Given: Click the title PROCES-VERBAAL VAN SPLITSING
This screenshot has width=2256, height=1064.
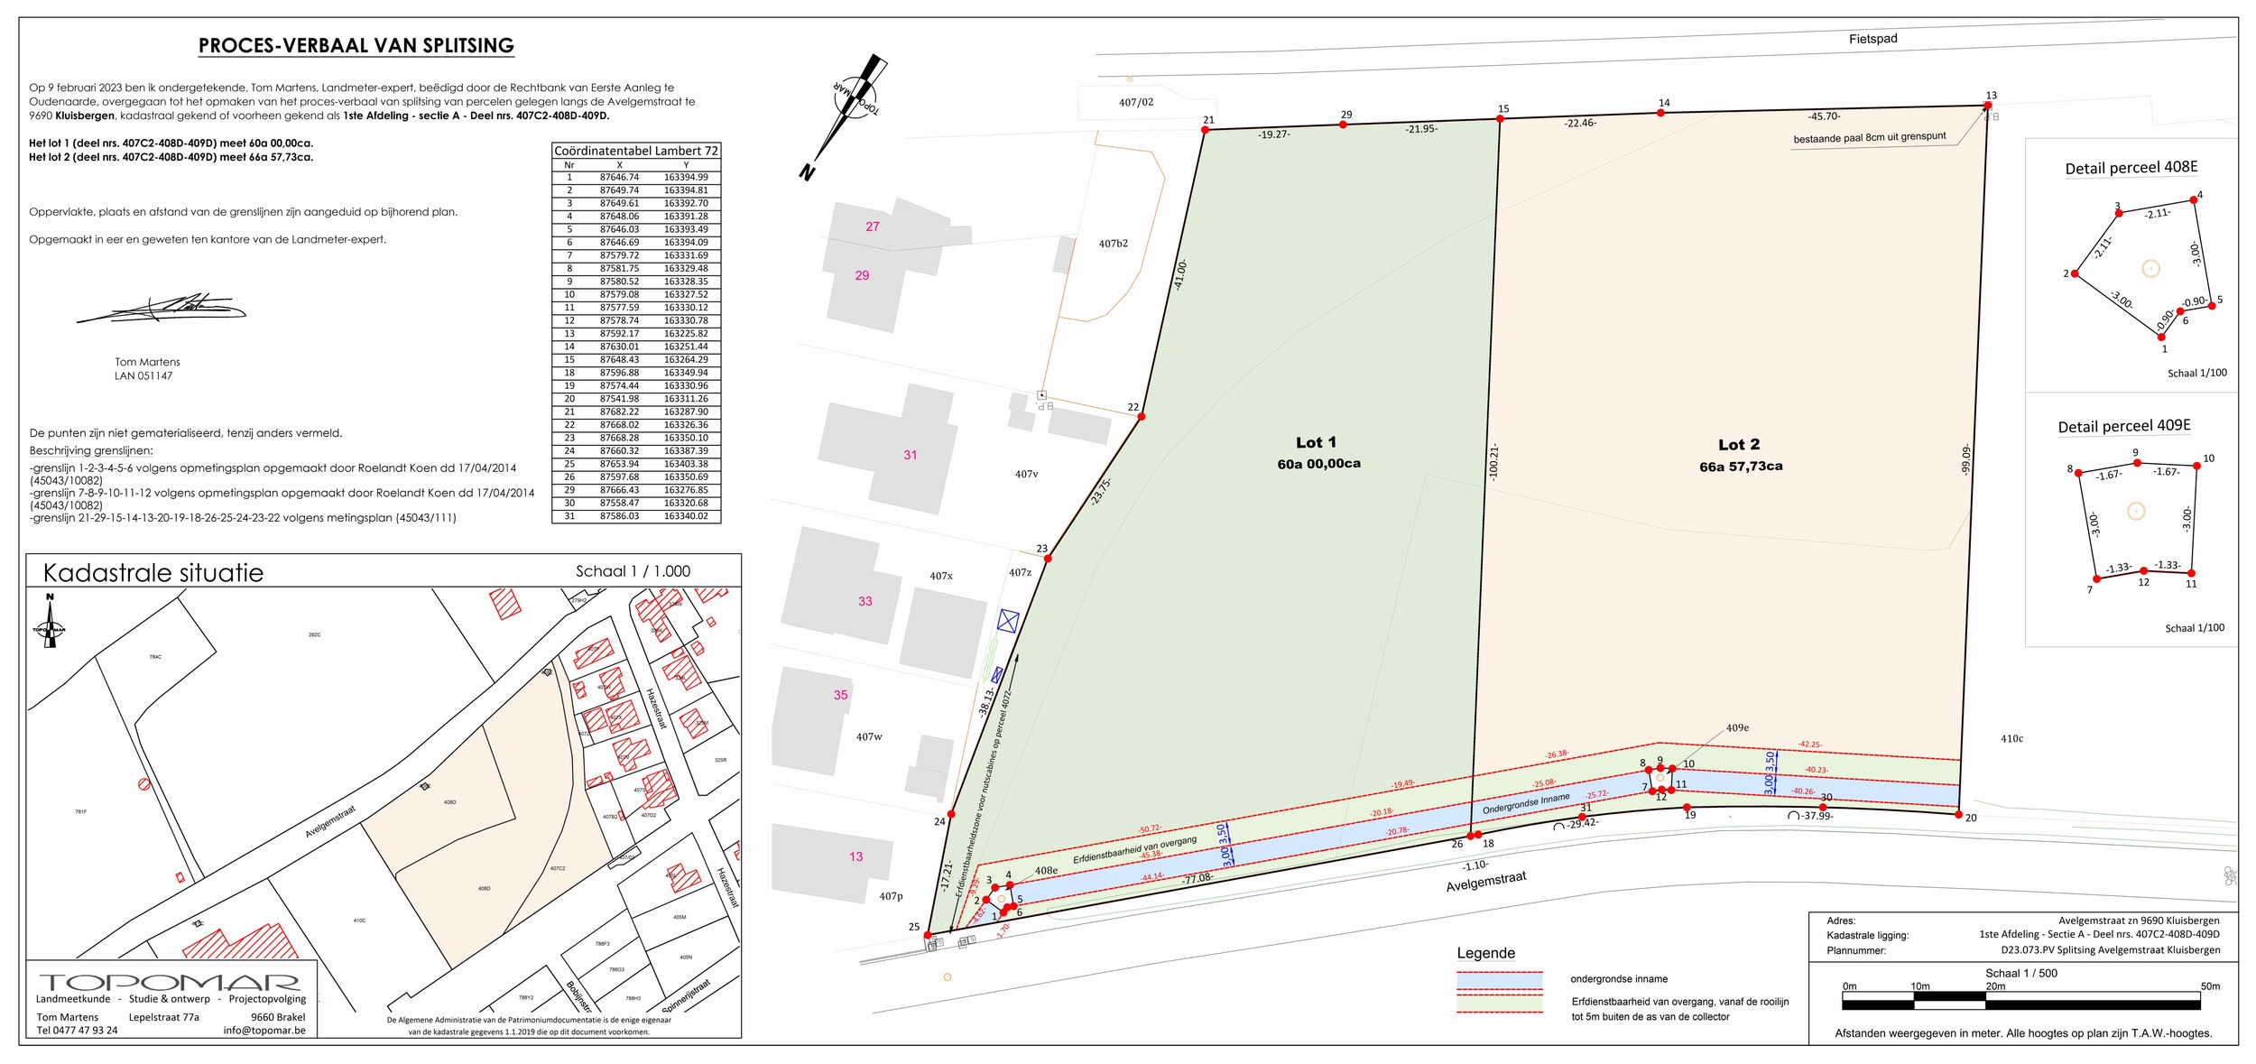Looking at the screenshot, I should (x=356, y=45).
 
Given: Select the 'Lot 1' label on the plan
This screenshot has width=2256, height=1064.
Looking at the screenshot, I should (x=1316, y=442).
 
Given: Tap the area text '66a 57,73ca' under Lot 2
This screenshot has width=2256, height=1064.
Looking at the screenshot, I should (x=1741, y=467).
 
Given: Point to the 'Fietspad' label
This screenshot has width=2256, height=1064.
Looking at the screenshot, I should (x=1872, y=39).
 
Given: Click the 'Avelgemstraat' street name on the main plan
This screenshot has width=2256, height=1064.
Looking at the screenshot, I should (x=1485, y=881).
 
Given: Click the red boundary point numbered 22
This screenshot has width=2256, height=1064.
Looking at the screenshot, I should (x=1142, y=417).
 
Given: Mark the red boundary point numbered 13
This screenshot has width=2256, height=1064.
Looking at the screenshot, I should (x=1987, y=106).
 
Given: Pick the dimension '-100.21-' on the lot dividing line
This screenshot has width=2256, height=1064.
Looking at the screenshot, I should (x=1493, y=462).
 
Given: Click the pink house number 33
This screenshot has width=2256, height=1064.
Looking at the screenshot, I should (x=864, y=601).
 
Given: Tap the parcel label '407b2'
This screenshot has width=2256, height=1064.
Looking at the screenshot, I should (x=1113, y=244).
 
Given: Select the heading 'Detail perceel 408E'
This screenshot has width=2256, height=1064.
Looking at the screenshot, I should (x=2131, y=168).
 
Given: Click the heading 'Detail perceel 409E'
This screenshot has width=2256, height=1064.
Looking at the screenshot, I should (x=2123, y=426).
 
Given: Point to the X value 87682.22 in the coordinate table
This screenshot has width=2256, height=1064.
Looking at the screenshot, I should (x=619, y=412).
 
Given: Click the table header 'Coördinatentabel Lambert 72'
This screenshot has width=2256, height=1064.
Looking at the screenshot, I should (x=636, y=151).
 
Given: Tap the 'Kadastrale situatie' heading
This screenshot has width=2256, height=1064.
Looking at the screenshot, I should (x=153, y=573).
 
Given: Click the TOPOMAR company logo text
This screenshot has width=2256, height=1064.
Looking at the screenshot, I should (x=169, y=982).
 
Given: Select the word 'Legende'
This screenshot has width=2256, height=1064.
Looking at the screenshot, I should (x=1485, y=953).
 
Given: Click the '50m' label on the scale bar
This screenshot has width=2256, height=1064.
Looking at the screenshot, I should (x=2209, y=986).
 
